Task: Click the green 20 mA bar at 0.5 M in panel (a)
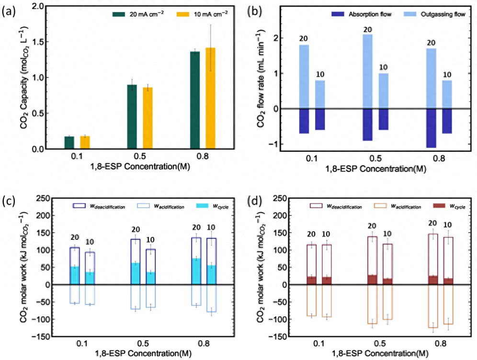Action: click(x=131, y=117)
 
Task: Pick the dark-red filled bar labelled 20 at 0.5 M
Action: click(x=372, y=280)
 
